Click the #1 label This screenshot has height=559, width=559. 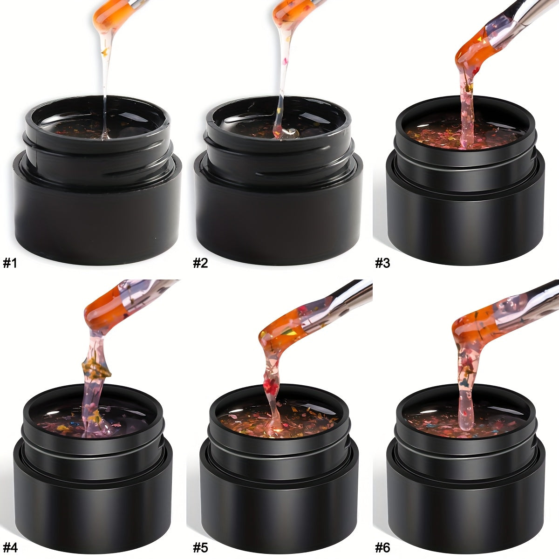pos(10,263)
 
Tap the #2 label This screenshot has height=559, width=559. pos(201,263)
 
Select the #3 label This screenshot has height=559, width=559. pos(382,263)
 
